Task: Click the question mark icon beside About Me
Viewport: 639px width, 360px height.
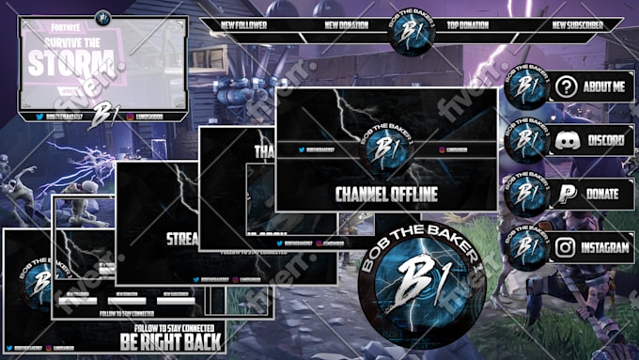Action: pos(565,87)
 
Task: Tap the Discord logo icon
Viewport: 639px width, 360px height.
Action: pos(565,141)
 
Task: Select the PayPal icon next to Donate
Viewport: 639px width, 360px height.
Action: pos(565,195)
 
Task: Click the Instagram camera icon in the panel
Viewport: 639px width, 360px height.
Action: pos(565,248)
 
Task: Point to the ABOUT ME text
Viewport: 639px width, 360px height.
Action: pos(603,87)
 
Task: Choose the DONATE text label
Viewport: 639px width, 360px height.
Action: pos(603,195)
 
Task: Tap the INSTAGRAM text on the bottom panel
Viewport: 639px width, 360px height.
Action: pos(604,248)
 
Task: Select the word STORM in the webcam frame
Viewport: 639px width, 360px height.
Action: pos(74,64)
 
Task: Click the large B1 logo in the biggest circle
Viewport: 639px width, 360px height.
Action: pos(424,277)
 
